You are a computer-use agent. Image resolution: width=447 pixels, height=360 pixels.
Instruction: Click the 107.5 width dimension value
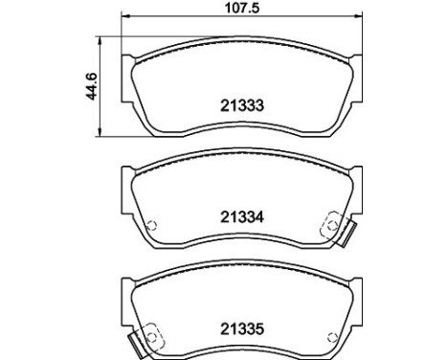click(242, 8)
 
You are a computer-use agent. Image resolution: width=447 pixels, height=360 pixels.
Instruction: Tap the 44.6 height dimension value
click(92, 86)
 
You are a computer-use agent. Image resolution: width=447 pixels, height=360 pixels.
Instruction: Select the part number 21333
click(242, 105)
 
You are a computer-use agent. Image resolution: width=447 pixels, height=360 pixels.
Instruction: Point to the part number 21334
click(242, 217)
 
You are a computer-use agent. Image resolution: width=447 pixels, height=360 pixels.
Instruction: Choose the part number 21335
click(242, 329)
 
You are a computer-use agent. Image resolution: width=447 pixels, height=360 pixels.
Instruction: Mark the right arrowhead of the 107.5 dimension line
click(359, 15)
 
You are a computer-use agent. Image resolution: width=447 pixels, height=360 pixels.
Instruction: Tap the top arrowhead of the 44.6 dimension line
click(101, 40)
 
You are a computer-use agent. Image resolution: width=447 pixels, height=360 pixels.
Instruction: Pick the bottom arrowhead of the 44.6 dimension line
click(101, 133)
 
